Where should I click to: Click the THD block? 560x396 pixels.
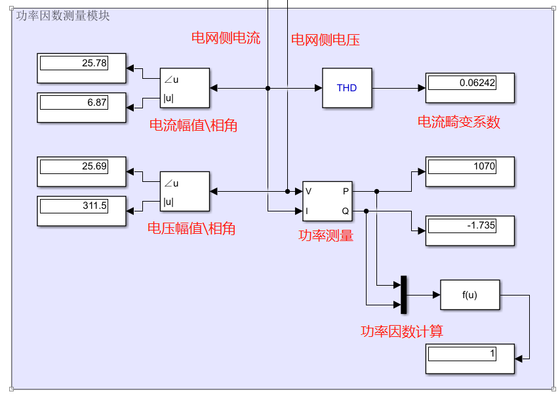click(347, 88)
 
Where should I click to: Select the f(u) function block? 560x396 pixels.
click(470, 295)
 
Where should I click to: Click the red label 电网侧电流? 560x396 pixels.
click(226, 38)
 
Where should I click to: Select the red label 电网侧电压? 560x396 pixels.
click(325, 40)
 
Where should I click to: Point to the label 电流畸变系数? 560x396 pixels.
click(459, 122)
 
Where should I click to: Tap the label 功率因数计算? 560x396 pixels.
click(402, 332)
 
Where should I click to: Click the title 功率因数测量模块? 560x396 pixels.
click(63, 16)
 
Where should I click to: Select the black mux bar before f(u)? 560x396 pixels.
click(404, 295)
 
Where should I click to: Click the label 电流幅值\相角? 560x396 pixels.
click(193, 125)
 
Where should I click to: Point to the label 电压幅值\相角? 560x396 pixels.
click(191, 229)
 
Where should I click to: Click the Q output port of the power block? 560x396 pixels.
click(346, 211)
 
